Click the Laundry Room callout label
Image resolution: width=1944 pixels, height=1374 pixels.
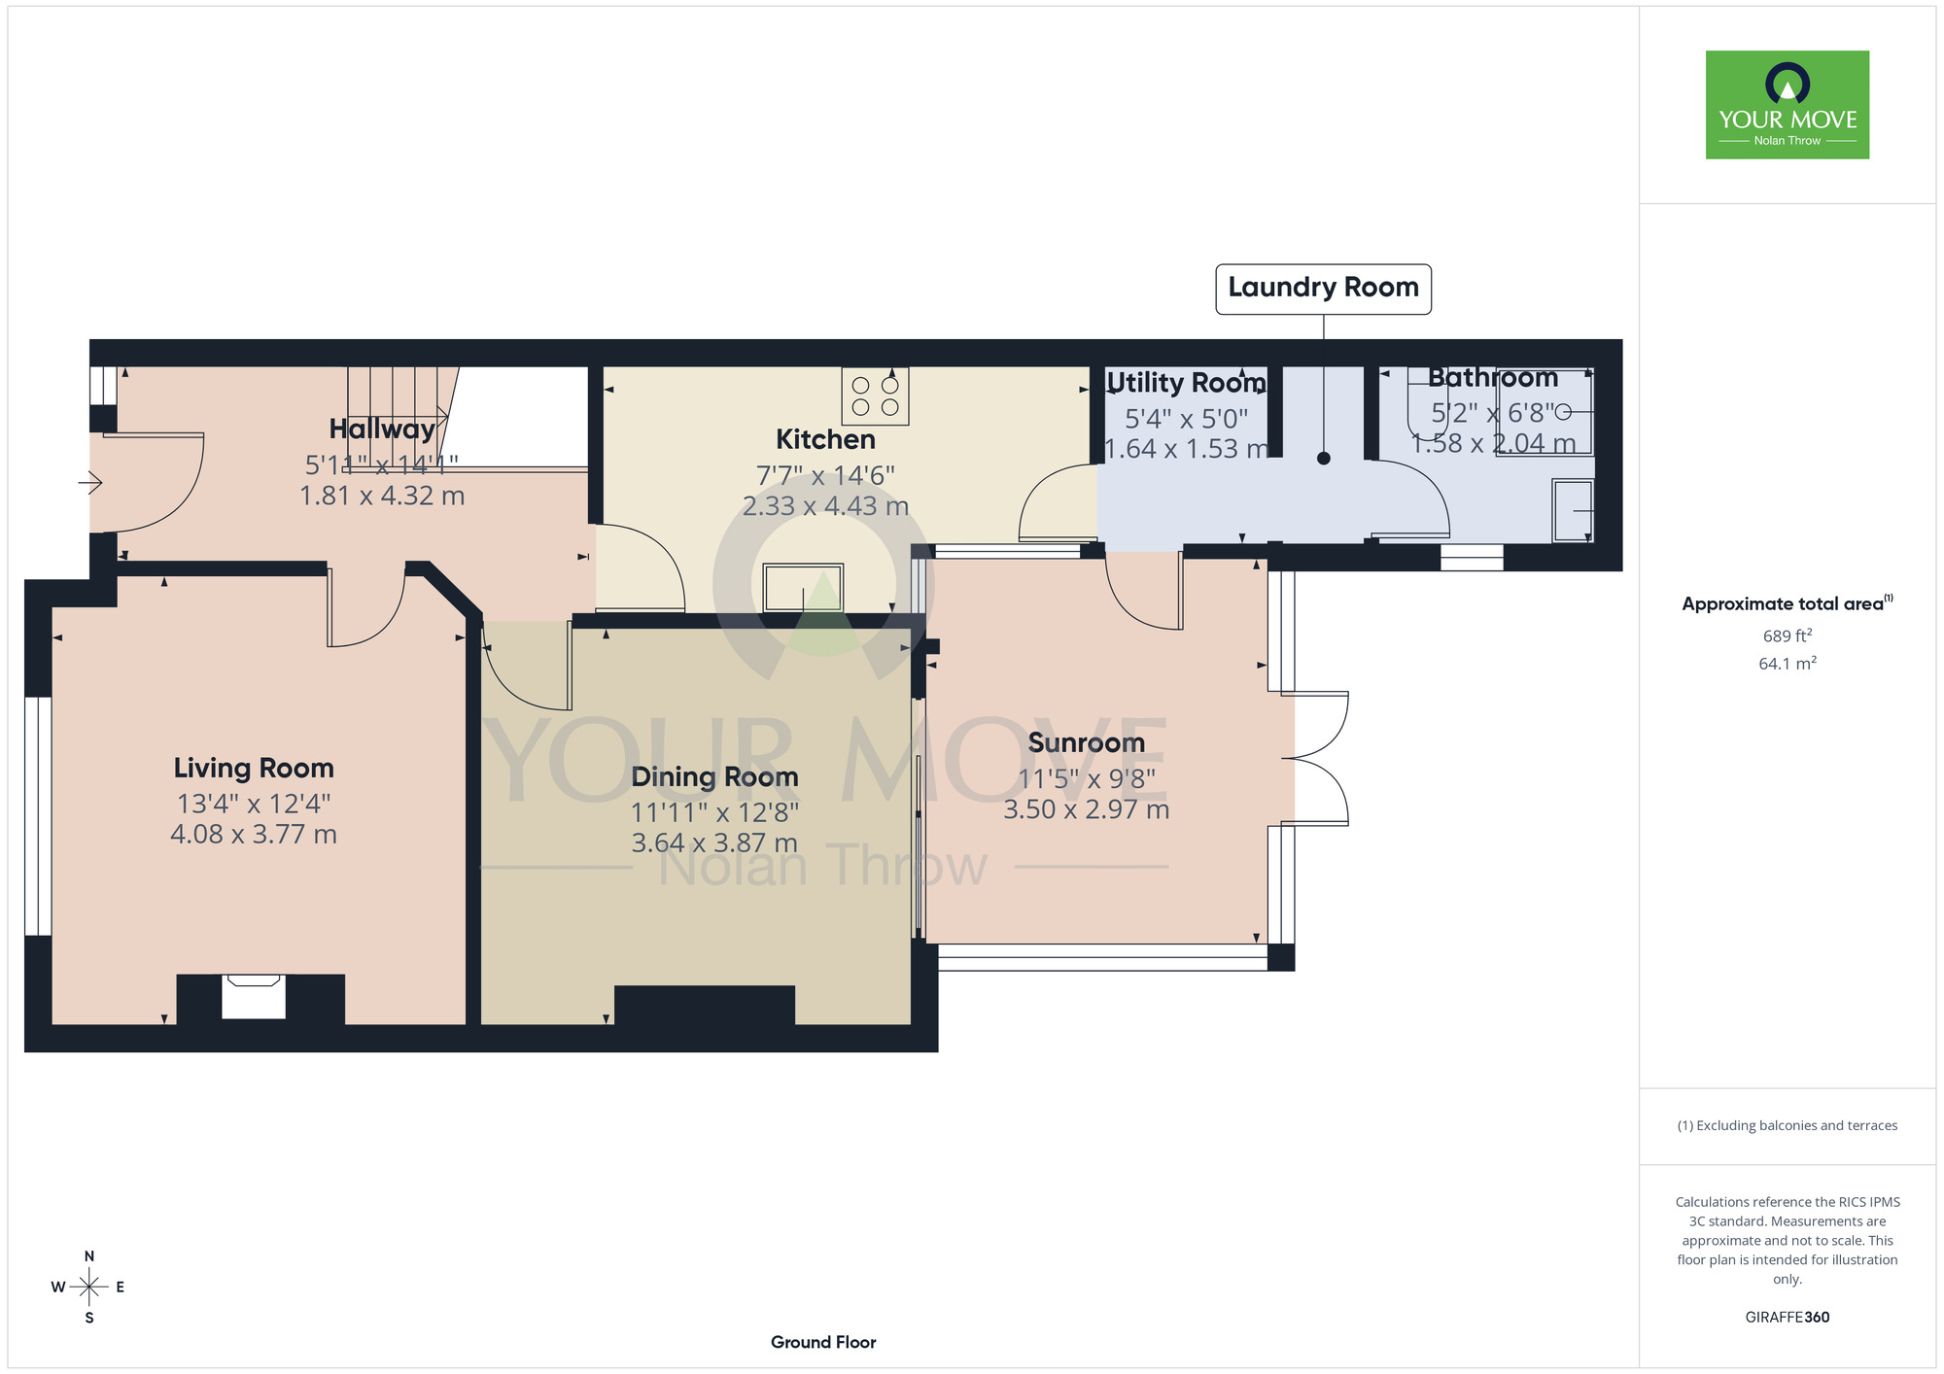click(1323, 289)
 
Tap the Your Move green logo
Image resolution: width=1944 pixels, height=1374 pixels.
click(1788, 105)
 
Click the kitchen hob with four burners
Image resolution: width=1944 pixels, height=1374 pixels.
click(875, 395)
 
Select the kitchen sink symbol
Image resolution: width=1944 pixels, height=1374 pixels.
click(803, 588)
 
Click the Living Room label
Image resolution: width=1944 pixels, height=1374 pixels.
click(254, 768)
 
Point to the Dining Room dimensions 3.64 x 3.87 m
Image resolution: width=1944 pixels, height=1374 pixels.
click(714, 842)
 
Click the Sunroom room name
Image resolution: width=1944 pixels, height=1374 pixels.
click(1087, 742)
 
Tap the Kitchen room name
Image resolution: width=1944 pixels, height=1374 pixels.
click(825, 439)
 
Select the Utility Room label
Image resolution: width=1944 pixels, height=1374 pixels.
click(1186, 383)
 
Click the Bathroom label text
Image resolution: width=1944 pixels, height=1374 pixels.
click(1493, 377)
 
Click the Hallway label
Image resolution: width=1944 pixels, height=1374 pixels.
click(382, 429)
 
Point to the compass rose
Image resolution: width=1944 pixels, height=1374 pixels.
click(89, 1288)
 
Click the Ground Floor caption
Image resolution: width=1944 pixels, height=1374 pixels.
click(823, 1342)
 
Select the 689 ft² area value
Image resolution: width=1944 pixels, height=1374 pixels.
click(1788, 635)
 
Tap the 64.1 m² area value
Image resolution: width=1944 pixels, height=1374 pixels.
click(1788, 663)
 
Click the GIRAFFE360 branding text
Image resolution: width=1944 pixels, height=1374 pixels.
click(1788, 1318)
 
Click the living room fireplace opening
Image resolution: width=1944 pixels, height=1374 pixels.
click(254, 997)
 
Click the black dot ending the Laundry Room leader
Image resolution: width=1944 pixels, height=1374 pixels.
click(1324, 459)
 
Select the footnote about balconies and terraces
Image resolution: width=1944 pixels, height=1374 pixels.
click(1788, 1125)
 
